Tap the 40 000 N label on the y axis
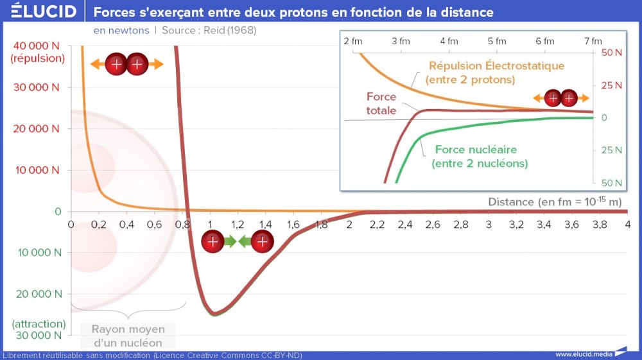point(39,46)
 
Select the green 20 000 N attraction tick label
point(38,294)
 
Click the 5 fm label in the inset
point(496,41)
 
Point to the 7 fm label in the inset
point(593,41)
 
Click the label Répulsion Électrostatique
point(496,65)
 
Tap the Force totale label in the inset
point(381,103)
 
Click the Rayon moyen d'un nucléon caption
point(128,336)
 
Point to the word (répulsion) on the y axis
point(38,58)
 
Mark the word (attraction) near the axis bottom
point(38,323)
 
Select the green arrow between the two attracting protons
point(237,242)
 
